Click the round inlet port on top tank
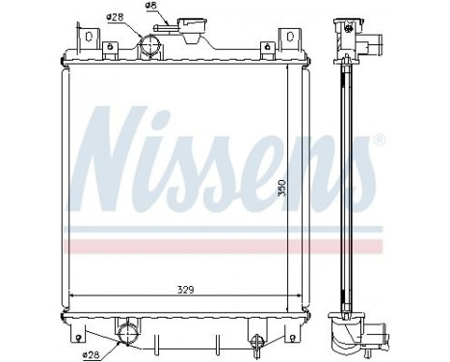149,45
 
